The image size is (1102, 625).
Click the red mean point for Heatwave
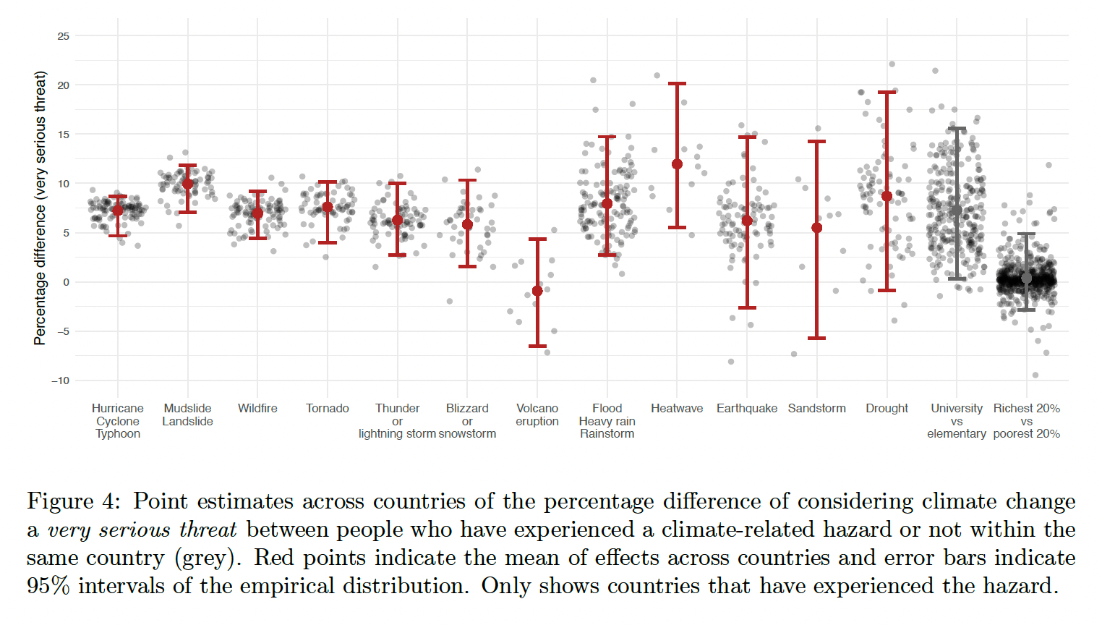click(x=677, y=164)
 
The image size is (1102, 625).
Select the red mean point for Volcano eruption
click(x=537, y=291)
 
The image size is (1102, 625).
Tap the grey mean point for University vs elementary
click(x=957, y=211)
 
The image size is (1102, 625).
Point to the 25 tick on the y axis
click(x=64, y=36)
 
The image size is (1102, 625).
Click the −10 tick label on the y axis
click(x=61, y=380)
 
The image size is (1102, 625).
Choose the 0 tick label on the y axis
click(x=67, y=282)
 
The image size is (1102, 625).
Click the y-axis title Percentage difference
click(x=40, y=208)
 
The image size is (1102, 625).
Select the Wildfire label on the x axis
click(x=257, y=409)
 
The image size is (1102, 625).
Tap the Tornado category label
click(x=328, y=409)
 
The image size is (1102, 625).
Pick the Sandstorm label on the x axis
click(x=816, y=409)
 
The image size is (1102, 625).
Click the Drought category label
click(x=887, y=409)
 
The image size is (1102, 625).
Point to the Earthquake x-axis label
click(x=747, y=409)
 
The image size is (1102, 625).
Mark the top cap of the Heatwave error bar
click(x=677, y=84)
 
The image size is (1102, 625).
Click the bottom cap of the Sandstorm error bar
click(x=817, y=338)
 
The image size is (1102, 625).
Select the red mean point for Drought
click(x=887, y=196)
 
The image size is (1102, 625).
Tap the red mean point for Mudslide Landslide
click(x=188, y=184)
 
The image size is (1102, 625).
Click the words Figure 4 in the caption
click(x=72, y=501)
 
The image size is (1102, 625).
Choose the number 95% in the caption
click(x=48, y=586)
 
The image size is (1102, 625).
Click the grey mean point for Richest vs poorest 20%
click(x=1026, y=279)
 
